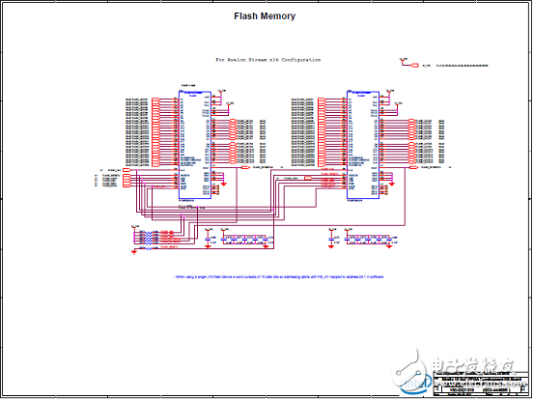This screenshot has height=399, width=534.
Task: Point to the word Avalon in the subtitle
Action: tap(242, 60)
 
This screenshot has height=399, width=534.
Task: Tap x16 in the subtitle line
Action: tap(290, 60)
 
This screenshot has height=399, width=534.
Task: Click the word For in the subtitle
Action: tap(221, 60)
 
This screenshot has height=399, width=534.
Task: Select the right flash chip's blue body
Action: tap(364, 145)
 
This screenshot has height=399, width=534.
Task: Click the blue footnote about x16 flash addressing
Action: tap(279, 276)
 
